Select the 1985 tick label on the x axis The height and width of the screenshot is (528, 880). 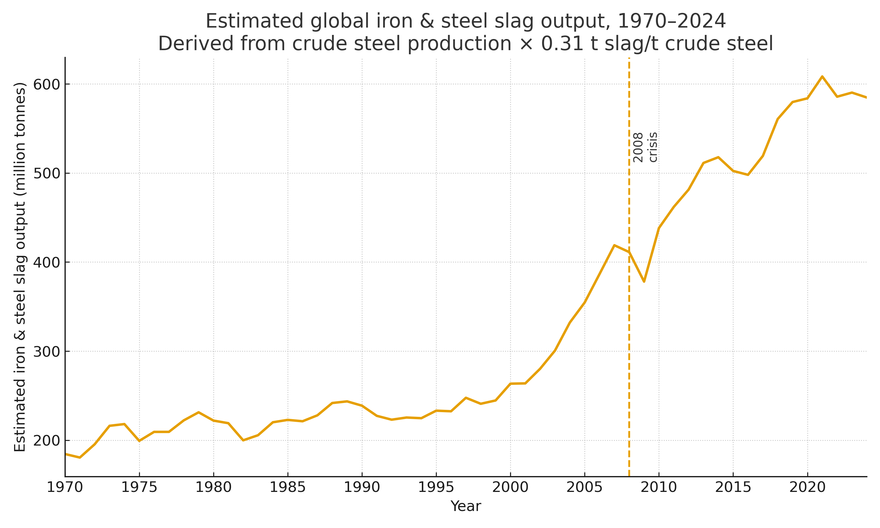pyautogui.click(x=287, y=488)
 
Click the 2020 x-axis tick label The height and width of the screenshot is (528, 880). pyautogui.click(x=807, y=488)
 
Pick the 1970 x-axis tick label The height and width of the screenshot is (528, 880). pyautogui.click(x=65, y=488)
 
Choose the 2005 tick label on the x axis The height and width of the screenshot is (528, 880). pyautogui.click(x=584, y=488)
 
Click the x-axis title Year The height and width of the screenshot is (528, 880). pyautogui.click(x=466, y=506)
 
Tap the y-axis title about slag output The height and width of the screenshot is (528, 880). pyautogui.click(x=20, y=267)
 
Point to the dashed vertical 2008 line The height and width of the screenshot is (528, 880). pyautogui.click(x=629, y=356)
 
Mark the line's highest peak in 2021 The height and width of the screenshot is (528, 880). pyautogui.click(x=822, y=76)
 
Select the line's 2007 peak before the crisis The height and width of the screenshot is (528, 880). pyautogui.click(x=614, y=245)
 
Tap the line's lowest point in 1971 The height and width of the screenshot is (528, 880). pyautogui.click(x=80, y=458)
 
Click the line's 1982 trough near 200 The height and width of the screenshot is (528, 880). pyautogui.click(x=243, y=441)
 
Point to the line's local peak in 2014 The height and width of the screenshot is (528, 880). pyautogui.click(x=718, y=157)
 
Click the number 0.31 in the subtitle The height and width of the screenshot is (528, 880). pyautogui.click(x=562, y=44)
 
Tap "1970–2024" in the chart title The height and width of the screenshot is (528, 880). pyautogui.click(x=671, y=21)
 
